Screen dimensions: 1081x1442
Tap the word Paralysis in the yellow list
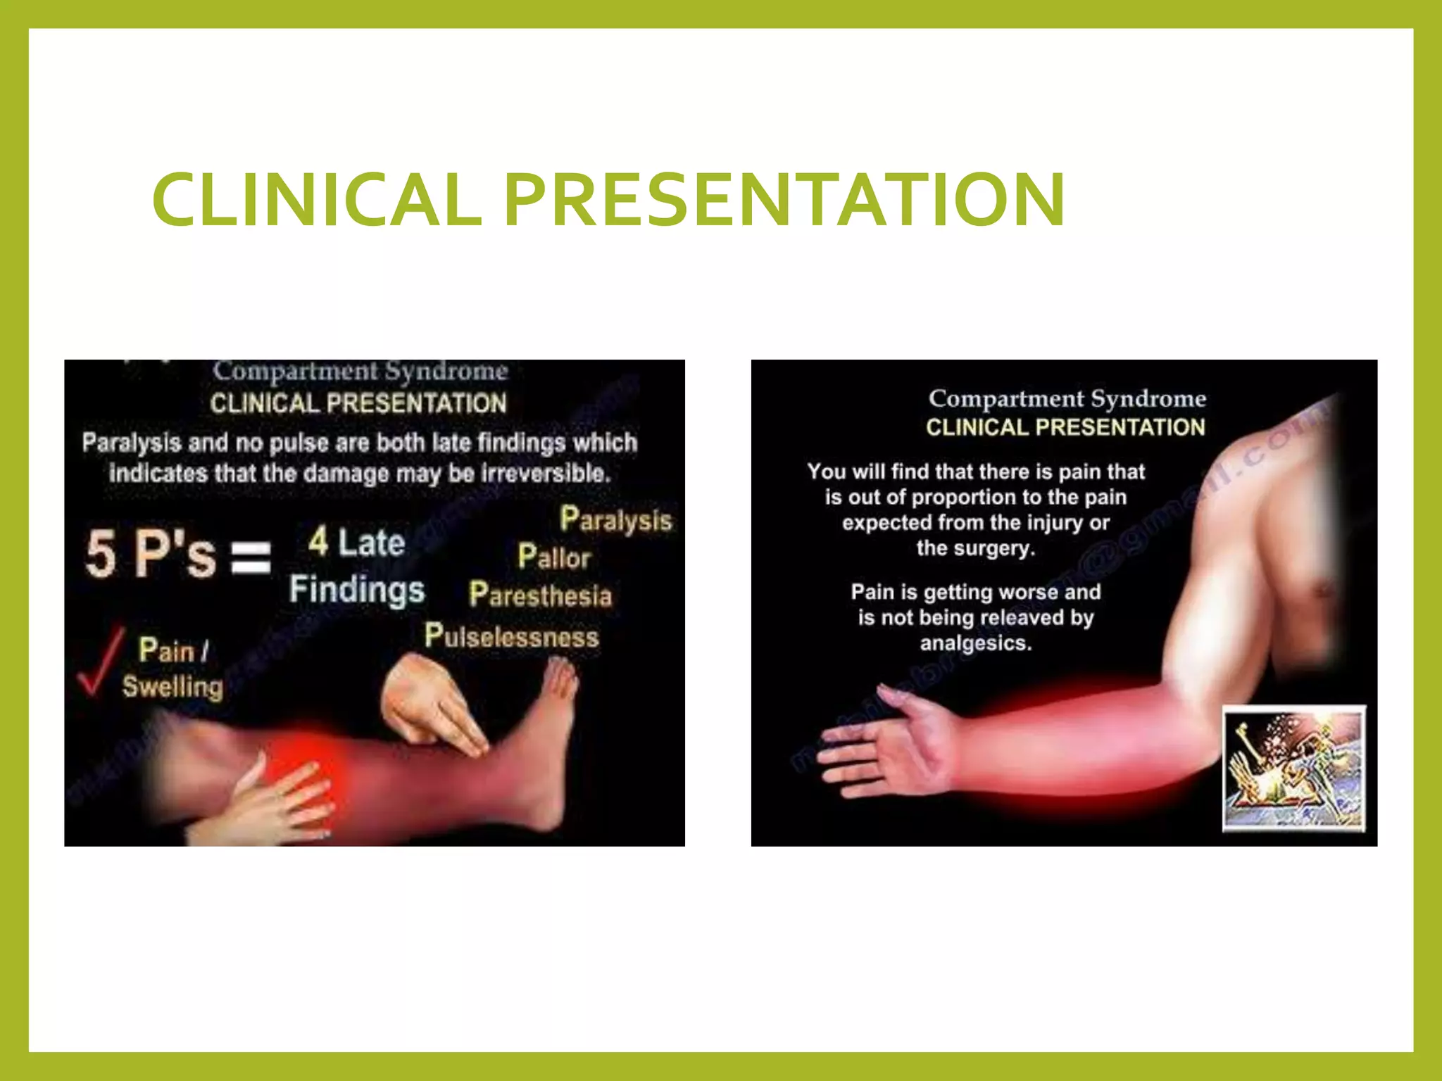click(x=615, y=521)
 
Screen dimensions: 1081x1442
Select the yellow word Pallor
click(x=554, y=557)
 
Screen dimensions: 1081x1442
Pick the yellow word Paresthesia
click(x=541, y=595)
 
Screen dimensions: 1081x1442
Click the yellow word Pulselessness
click(x=512, y=637)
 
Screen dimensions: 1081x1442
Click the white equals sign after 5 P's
click(x=251, y=558)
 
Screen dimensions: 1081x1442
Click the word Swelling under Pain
click(x=173, y=686)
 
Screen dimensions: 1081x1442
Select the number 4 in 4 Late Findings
click(x=318, y=542)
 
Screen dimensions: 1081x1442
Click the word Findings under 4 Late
click(x=357, y=590)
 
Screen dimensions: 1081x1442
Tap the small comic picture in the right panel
click(x=1294, y=769)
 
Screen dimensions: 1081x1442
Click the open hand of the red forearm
click(x=880, y=746)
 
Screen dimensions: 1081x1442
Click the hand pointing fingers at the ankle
click(x=430, y=704)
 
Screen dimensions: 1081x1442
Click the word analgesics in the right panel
click(x=976, y=643)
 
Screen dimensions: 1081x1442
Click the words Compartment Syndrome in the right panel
click(x=1067, y=399)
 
